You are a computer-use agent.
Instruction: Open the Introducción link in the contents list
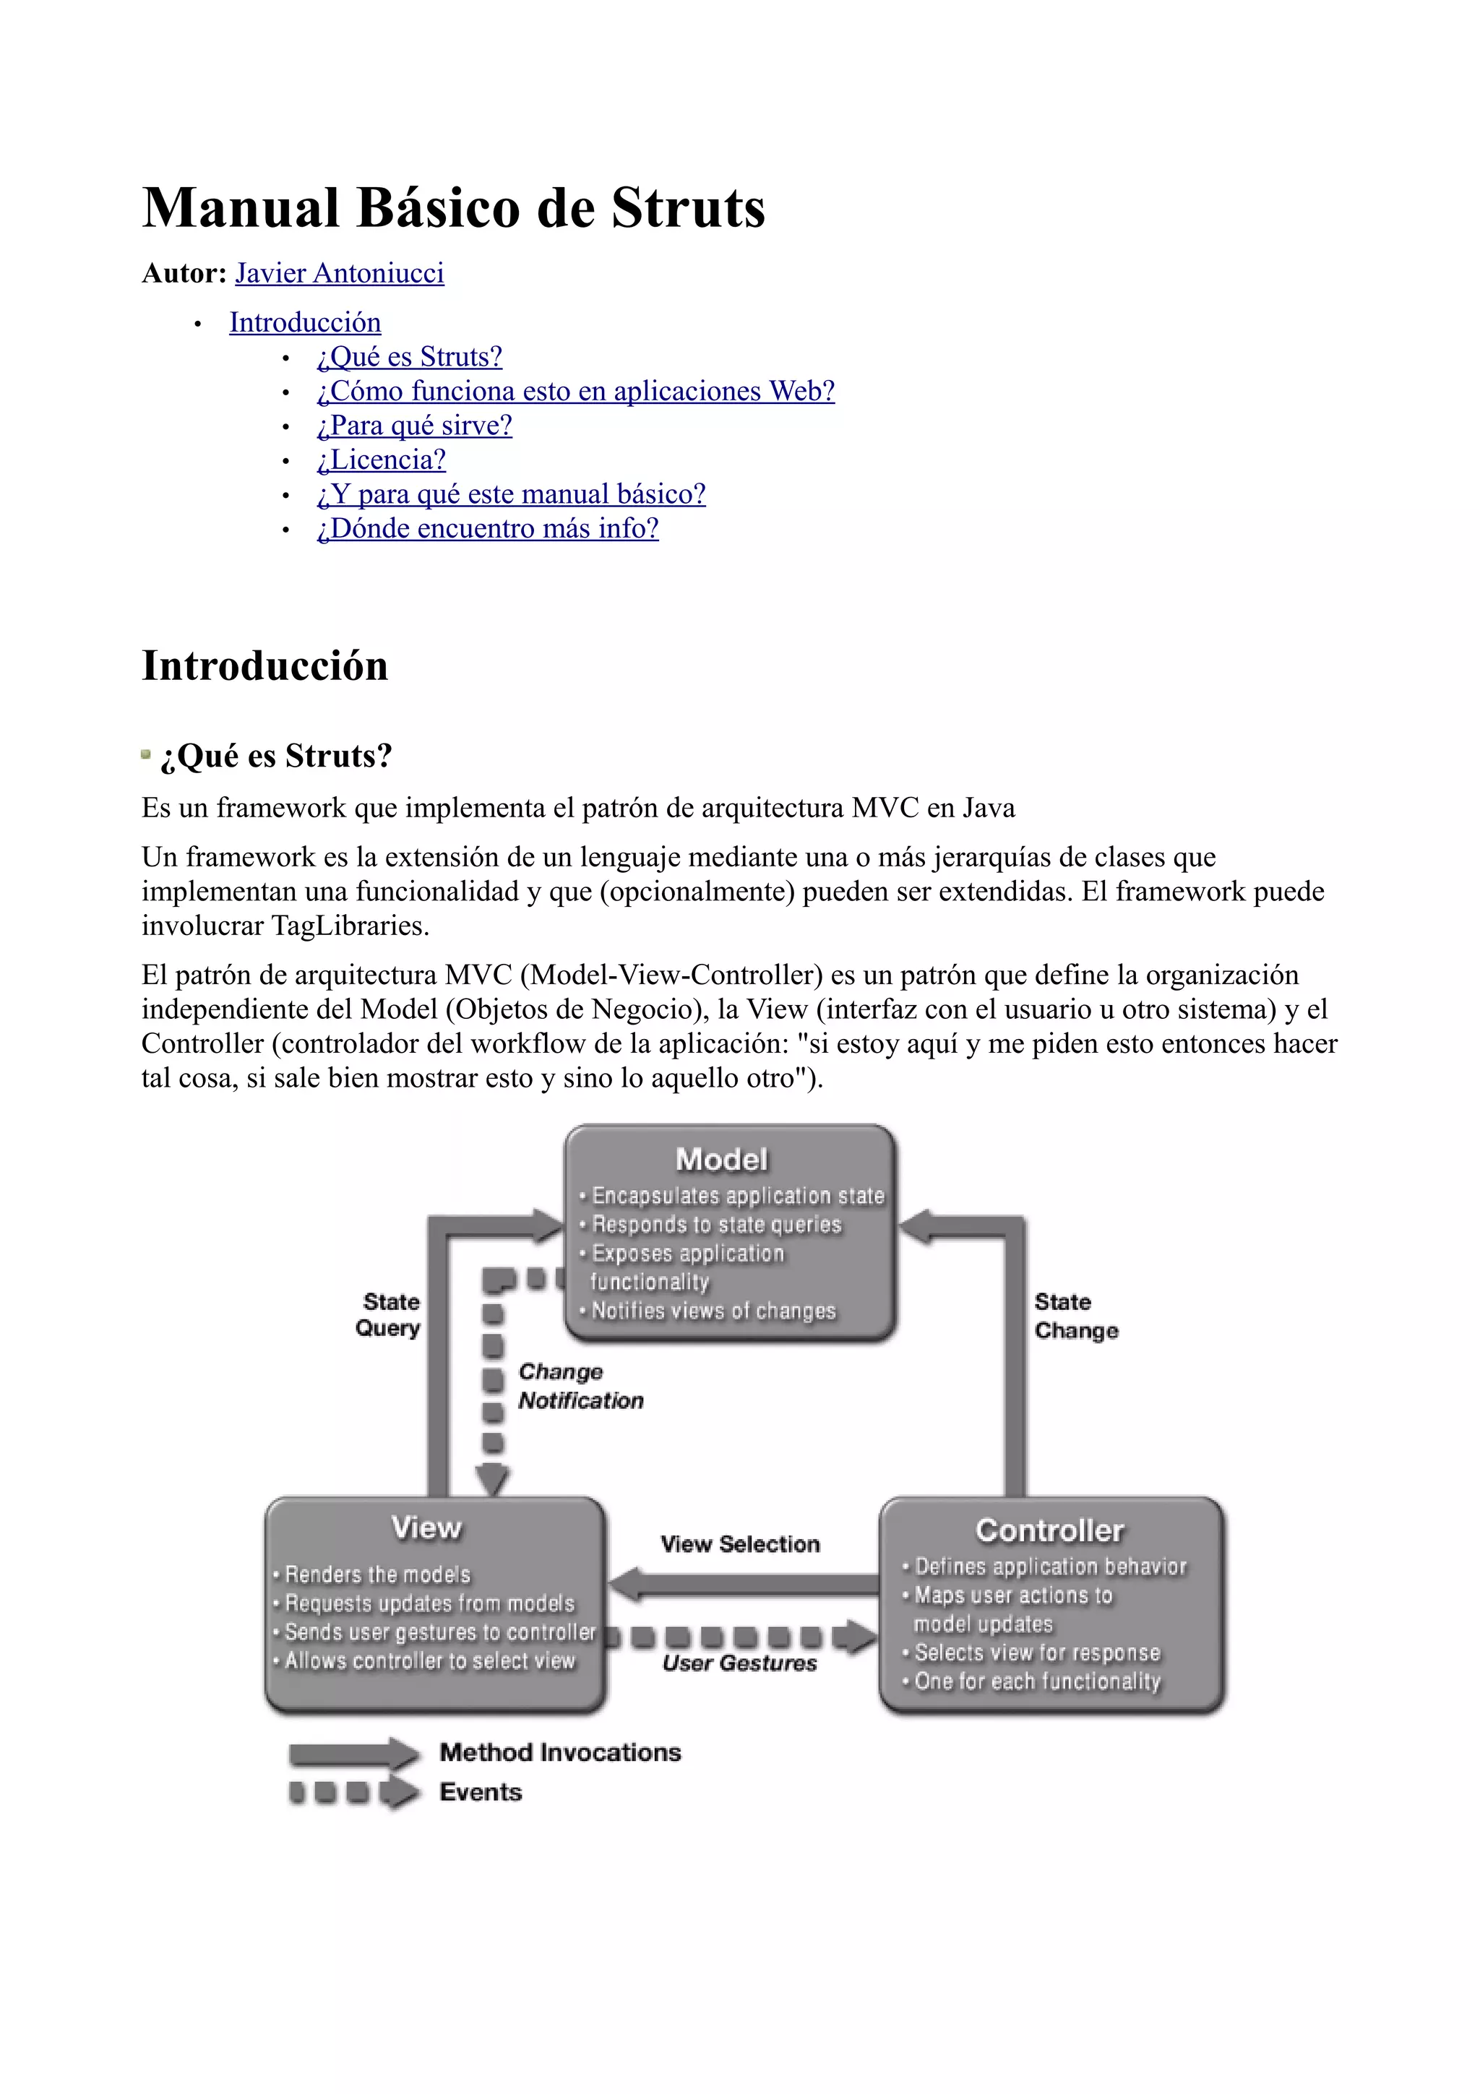[304, 322]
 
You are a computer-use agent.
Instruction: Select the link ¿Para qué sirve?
[414, 425]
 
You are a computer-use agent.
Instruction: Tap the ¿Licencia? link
[381, 460]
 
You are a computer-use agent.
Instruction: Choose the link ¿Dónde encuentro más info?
[487, 528]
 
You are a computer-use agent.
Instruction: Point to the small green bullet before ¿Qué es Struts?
[146, 754]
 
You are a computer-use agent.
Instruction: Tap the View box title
[426, 1528]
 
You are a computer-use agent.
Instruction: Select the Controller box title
[1049, 1530]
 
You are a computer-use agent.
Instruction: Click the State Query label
[390, 1314]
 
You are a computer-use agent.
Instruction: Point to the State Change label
[1075, 1316]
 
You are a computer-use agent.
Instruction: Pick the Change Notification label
[580, 1387]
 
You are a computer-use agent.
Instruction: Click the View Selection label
[739, 1544]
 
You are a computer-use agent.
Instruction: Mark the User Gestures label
[739, 1663]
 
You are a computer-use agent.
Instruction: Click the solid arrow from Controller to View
[743, 1585]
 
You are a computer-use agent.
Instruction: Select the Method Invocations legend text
[560, 1752]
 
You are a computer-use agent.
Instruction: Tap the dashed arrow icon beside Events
[354, 1792]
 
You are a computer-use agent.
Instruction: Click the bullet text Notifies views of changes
[713, 1311]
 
